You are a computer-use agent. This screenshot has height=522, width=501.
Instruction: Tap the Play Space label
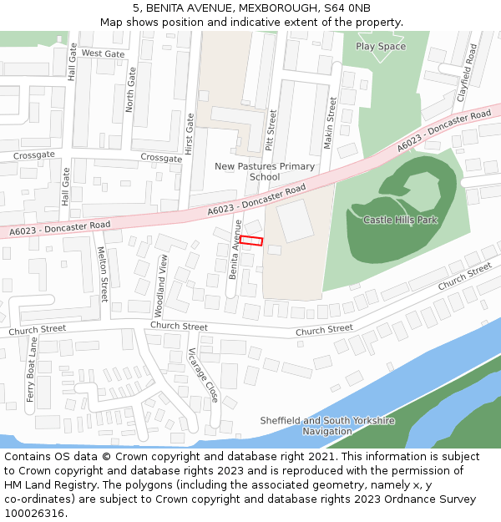(x=381, y=47)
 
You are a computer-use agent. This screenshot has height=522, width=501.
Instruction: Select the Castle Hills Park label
(x=401, y=220)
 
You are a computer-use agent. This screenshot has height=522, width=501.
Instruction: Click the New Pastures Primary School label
(x=265, y=171)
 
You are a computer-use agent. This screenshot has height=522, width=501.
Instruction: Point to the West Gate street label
(x=104, y=53)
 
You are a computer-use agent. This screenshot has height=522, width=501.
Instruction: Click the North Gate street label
(x=129, y=90)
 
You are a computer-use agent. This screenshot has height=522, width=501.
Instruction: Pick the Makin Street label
(x=331, y=123)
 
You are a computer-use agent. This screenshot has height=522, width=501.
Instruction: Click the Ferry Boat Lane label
(x=31, y=370)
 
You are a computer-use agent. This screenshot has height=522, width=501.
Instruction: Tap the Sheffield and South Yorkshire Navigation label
(x=327, y=426)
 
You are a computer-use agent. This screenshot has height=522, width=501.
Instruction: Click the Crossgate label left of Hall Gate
(x=34, y=155)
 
